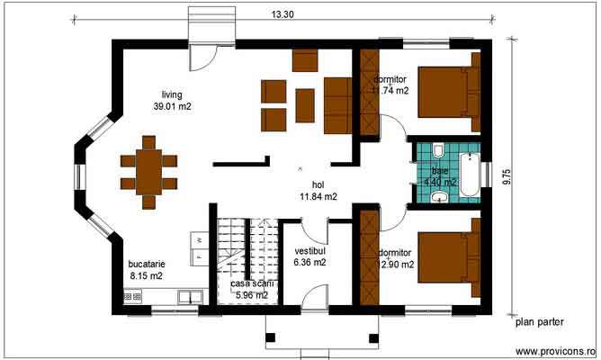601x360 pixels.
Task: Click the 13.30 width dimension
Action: click(x=282, y=13)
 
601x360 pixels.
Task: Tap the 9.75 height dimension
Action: click(x=507, y=176)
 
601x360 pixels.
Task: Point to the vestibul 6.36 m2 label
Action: click(x=309, y=256)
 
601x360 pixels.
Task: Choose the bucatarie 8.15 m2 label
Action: click(x=146, y=269)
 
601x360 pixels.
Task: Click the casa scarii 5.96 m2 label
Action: click(x=249, y=289)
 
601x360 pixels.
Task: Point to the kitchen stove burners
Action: click(x=131, y=295)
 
